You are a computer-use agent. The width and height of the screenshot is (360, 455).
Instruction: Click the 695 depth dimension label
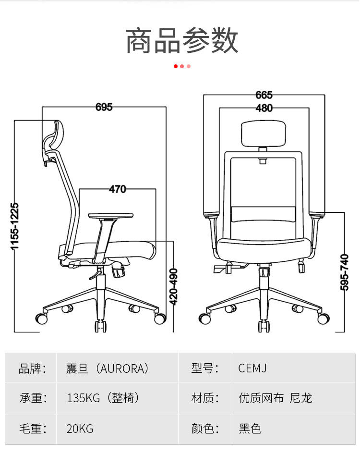pos(104,107)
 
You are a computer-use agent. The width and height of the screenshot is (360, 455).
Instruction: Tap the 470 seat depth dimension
pos(117,189)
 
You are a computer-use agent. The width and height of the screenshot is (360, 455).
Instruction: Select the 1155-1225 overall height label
pos(15,226)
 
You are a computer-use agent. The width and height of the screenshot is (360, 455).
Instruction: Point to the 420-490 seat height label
pos(174,286)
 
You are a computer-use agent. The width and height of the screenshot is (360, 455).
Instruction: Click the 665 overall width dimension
pos(264,95)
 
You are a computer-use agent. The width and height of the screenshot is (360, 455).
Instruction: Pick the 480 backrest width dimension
pos(264,108)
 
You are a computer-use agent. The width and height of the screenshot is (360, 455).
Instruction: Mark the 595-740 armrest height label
pos(344,271)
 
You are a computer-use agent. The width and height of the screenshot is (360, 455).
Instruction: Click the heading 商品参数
pos(182,40)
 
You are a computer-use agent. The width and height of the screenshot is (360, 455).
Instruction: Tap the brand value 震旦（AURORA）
pos(108,369)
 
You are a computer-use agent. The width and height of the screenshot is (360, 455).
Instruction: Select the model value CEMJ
pos(252,369)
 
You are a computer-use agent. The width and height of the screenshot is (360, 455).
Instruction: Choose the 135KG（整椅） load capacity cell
pos(103,398)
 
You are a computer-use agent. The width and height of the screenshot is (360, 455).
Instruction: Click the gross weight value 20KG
pos(80,428)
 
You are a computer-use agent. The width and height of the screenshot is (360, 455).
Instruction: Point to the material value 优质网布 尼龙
pos(276,398)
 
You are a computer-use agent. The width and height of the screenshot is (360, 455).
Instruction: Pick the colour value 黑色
pos(250,428)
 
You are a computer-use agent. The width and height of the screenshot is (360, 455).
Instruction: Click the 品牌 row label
pos(32,369)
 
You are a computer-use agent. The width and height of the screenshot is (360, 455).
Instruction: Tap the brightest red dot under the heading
pos(176,66)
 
